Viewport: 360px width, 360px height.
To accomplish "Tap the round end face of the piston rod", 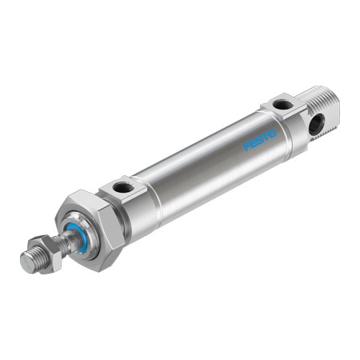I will (x=26, y=262).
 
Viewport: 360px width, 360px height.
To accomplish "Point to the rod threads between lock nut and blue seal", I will (x=59, y=242).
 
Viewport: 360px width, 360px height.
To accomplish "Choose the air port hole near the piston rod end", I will (x=124, y=187).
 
